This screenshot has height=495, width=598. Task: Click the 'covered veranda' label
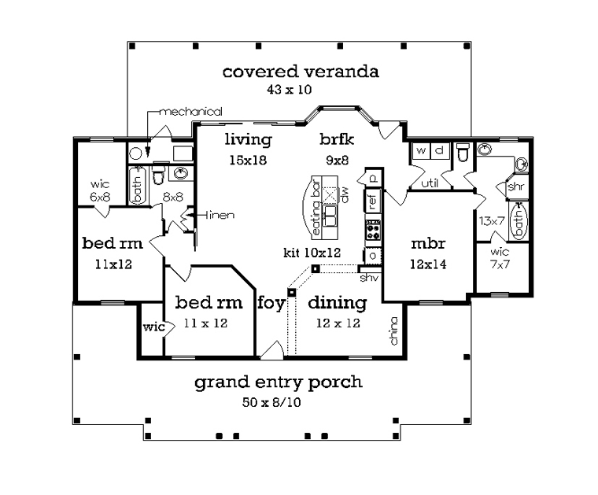pos(301,72)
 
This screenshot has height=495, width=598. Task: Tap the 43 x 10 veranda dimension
pos(289,90)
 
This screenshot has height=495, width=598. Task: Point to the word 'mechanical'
pos(190,112)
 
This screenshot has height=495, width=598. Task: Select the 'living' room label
pos(249,139)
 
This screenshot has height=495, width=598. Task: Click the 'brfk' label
pos(337,139)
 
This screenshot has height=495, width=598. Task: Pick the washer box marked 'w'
pos(422,150)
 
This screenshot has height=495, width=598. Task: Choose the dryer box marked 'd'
pos(440,150)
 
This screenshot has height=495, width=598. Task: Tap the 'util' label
pos(430,183)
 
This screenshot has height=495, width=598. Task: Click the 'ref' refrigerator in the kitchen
pos(373,200)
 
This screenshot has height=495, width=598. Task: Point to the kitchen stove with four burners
pos(373,230)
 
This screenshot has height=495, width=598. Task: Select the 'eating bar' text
pos(316,207)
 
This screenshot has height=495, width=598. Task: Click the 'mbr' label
pos(428,243)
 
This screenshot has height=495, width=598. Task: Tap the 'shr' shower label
pos(516,187)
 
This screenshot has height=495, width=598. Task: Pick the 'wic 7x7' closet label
pos(500,258)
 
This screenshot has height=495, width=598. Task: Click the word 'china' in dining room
pos(394,331)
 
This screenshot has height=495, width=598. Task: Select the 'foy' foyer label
pos(271,304)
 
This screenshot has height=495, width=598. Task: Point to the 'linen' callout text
pos(220,215)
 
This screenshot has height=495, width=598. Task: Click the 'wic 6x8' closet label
pos(100,190)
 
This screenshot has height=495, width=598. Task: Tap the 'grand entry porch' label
pos(279,382)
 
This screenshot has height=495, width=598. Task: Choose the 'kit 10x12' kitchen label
pos(312,253)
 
